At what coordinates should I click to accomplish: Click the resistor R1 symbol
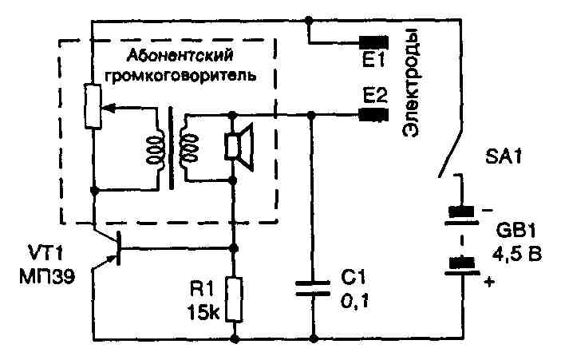[234, 297]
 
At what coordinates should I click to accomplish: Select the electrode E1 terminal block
[372, 42]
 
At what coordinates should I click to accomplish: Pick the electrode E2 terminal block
[372, 114]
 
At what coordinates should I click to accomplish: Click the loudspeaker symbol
[238, 146]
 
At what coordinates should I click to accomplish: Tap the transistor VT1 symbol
[112, 247]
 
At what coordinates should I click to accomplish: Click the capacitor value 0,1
[354, 302]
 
